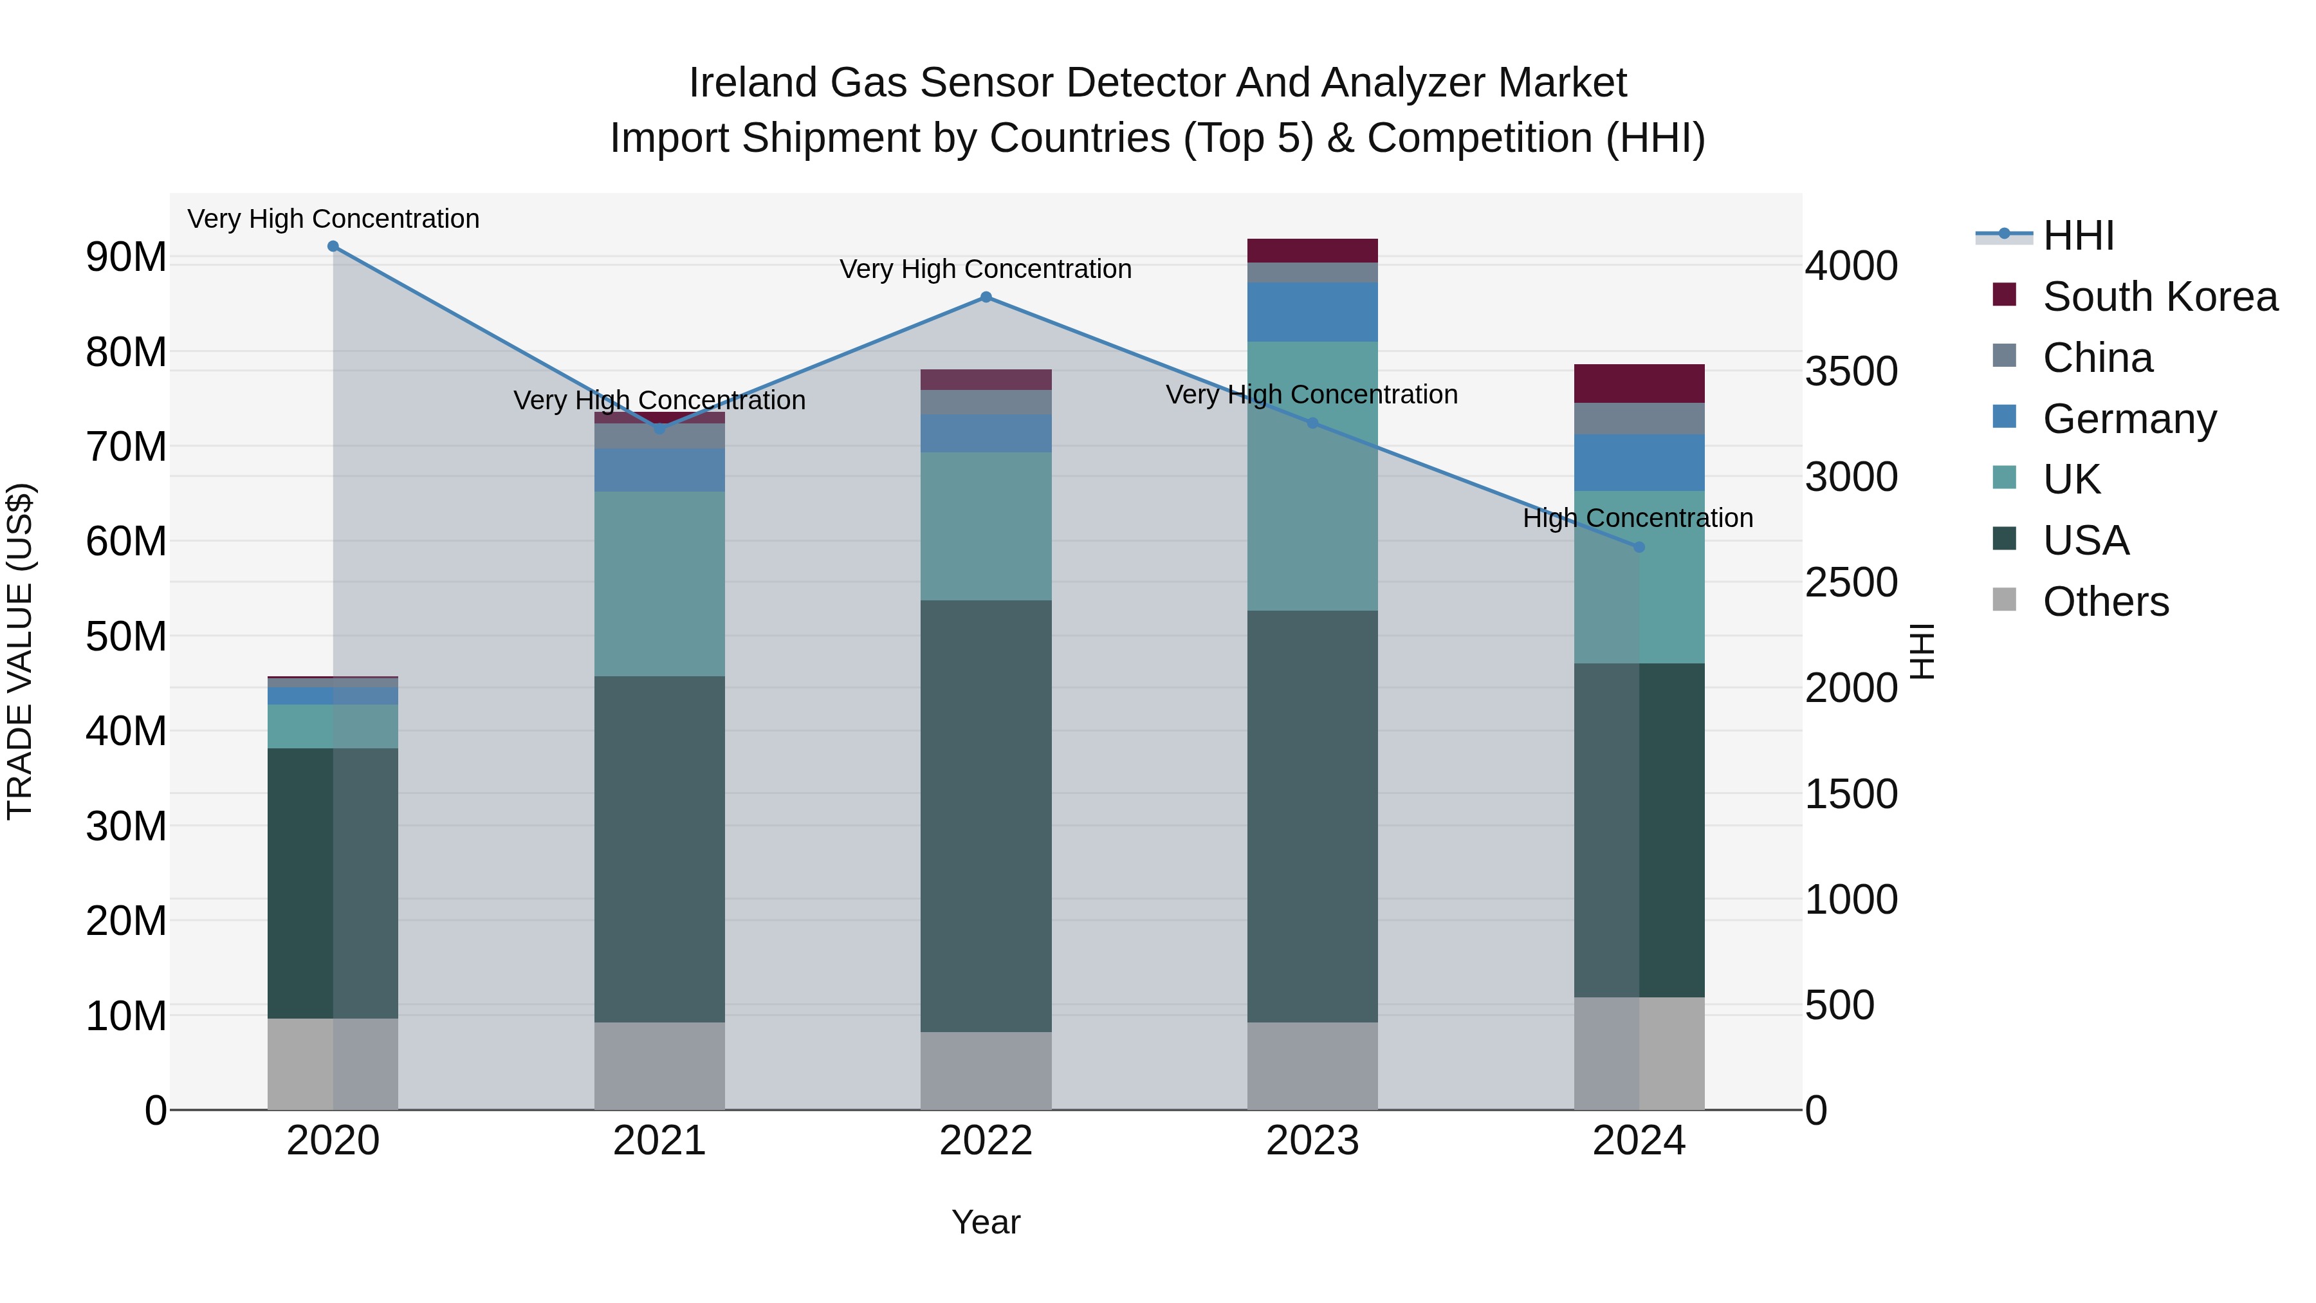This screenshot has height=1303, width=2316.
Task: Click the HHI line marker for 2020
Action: (x=333, y=246)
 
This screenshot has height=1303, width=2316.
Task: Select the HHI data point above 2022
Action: (x=986, y=298)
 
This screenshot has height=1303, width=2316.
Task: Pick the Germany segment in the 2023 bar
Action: (x=1312, y=312)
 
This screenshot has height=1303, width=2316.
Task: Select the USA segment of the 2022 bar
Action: (x=986, y=816)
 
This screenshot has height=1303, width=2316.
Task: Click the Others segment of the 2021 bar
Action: (x=659, y=1066)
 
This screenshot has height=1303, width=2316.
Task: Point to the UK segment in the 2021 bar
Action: (x=659, y=584)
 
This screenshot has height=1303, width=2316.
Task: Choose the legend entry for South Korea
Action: (x=2160, y=297)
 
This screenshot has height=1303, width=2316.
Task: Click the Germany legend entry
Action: (x=2129, y=419)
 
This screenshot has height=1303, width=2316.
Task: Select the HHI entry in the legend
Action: (x=2078, y=236)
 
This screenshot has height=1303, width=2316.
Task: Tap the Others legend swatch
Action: (x=2004, y=600)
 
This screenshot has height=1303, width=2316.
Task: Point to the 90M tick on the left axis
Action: (x=126, y=258)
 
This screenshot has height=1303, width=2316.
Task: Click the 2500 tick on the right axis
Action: (x=1851, y=583)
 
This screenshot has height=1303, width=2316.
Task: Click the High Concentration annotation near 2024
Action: (x=1637, y=519)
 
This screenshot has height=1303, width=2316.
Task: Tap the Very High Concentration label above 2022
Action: (x=986, y=269)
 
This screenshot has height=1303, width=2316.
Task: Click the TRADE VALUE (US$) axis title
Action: (x=20, y=651)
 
